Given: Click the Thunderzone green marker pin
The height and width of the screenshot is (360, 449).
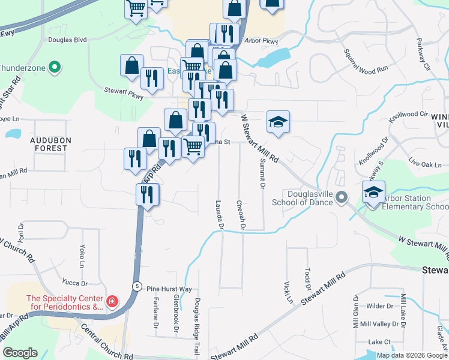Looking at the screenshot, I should [55, 67].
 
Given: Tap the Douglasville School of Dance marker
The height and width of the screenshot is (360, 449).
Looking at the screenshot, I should [342, 197].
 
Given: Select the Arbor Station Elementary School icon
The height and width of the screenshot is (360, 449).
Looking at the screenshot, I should [373, 193].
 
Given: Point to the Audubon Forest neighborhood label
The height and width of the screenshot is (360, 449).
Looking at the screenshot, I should [51, 144].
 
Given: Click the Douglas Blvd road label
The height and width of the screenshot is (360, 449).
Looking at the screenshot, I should [67, 40].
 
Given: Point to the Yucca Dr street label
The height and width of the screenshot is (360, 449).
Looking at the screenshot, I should [75, 282].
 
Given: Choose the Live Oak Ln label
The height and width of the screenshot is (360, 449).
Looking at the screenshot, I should [424, 164].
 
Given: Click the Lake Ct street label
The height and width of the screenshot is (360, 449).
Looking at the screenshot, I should [379, 341].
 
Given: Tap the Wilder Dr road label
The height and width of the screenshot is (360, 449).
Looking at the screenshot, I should [379, 306].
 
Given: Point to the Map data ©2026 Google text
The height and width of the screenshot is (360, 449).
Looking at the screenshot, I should [412, 355].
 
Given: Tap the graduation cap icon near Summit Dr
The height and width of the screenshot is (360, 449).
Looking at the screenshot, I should [278, 121].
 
